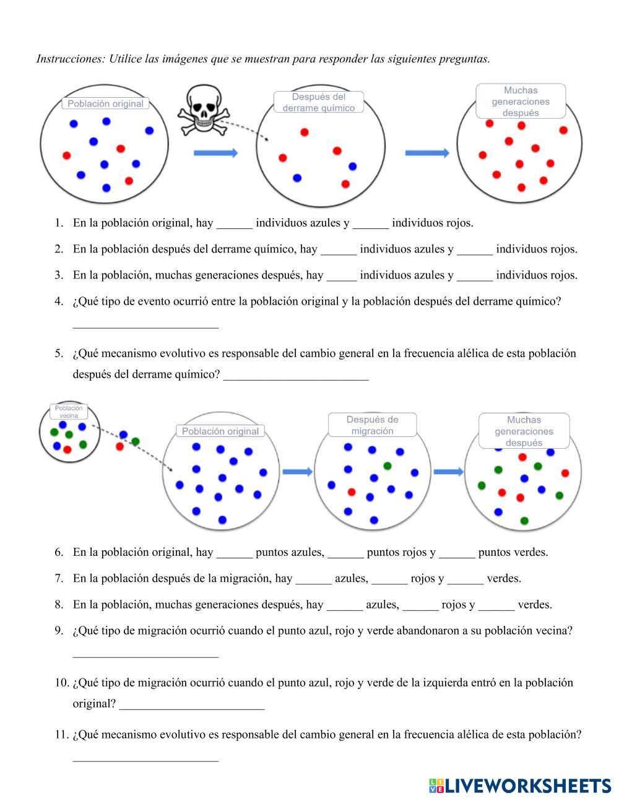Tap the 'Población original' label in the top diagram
pyautogui.click(x=105, y=104)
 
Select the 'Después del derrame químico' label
pyautogui.click(x=318, y=102)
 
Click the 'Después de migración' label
pyautogui.click(x=372, y=425)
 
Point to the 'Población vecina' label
pyautogui.click(x=69, y=412)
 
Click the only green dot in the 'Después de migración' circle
pyautogui.click(x=387, y=465)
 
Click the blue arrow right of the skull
pyautogui.click(x=215, y=153)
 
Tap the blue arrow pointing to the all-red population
pyautogui.click(x=427, y=153)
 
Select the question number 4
pyautogui.click(x=59, y=301)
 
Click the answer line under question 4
pyautogui.click(x=145, y=326)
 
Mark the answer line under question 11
pyautogui.click(x=145, y=759)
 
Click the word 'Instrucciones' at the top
pyautogui.click(x=70, y=59)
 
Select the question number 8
pyautogui.click(x=59, y=605)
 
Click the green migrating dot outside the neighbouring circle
pyautogui.click(x=136, y=441)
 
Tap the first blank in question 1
pyautogui.click(x=235, y=225)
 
